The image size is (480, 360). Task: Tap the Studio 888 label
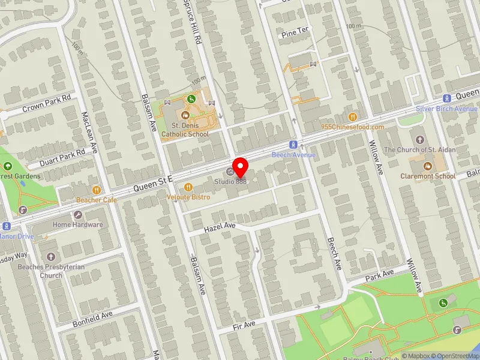click(231, 181)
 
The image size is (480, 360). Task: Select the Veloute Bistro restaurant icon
click(188, 187)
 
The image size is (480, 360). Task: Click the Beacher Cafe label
click(97, 200)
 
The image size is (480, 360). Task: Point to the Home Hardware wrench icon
click(77, 215)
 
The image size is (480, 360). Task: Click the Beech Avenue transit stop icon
click(293, 145)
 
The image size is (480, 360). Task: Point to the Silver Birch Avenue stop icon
click(446, 98)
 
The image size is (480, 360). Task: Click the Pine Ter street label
click(294, 35)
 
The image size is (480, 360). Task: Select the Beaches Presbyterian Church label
click(40, 271)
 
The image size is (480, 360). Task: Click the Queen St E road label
click(153, 182)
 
